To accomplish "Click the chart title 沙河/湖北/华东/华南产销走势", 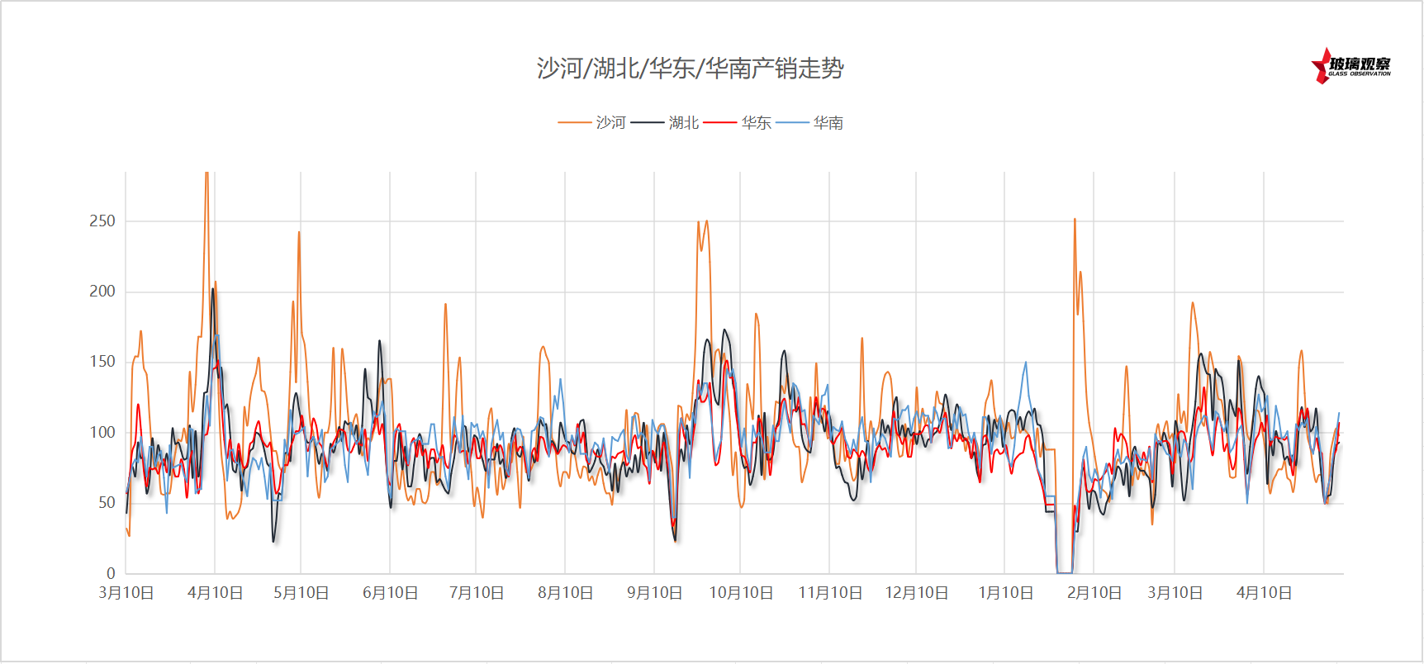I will pos(691,68).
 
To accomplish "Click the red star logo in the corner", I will pos(1322,66).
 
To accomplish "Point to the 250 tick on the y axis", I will pos(102,221).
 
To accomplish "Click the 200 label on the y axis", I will pos(102,292).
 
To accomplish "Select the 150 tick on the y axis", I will pos(102,362).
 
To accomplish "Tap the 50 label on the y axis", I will pos(107,503).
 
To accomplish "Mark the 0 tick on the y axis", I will pos(111,573).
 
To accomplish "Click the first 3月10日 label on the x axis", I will pos(126,593).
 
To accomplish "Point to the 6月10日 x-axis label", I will pos(391,593).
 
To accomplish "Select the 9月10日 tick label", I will pos(655,593).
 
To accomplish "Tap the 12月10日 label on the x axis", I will pos(917,593).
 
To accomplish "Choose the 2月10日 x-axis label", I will pos(1094,593).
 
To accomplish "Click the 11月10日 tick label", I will pos(830,593).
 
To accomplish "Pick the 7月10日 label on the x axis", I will pos(477,593).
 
